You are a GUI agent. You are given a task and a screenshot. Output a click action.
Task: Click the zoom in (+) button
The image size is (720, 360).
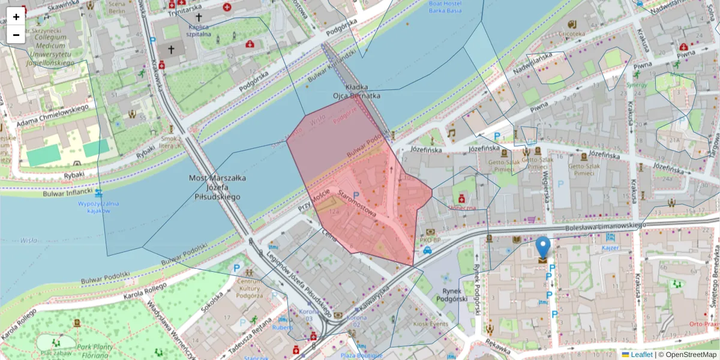point(16,17)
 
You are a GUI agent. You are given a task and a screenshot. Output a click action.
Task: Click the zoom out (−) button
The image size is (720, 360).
point(16,35)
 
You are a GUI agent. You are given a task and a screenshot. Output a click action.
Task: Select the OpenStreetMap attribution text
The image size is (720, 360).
point(687,355)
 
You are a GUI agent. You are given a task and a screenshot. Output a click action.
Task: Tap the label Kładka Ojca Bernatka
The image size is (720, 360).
point(357,91)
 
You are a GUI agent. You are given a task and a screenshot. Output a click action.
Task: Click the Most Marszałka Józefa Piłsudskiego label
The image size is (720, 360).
point(214,187)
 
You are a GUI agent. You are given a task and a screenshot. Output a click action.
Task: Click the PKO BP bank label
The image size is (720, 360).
point(430,241)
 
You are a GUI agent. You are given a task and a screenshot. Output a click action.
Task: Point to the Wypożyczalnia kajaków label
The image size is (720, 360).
point(98,207)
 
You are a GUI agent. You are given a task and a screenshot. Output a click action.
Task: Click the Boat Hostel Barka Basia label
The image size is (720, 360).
point(445,7)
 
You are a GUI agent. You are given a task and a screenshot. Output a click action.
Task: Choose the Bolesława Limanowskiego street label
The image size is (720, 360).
point(606,227)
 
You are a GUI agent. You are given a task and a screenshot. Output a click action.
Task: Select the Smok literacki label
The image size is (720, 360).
point(171,142)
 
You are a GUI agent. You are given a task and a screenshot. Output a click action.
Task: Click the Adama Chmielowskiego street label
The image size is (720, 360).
point(54,114)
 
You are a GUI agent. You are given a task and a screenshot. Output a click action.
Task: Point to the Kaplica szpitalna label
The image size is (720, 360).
point(199,31)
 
